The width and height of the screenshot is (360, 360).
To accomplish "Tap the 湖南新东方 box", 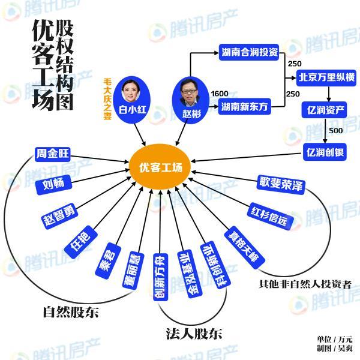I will (244, 106).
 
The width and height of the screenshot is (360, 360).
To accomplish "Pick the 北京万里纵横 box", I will (326, 77).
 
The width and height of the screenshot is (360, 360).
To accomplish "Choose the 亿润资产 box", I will (324, 110).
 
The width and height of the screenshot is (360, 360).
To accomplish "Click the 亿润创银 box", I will (324, 151).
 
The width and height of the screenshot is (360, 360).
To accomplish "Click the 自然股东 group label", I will (70, 313).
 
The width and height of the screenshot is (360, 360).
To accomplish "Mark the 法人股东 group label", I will (193, 334).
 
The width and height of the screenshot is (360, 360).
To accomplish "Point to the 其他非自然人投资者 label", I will (305, 284).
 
